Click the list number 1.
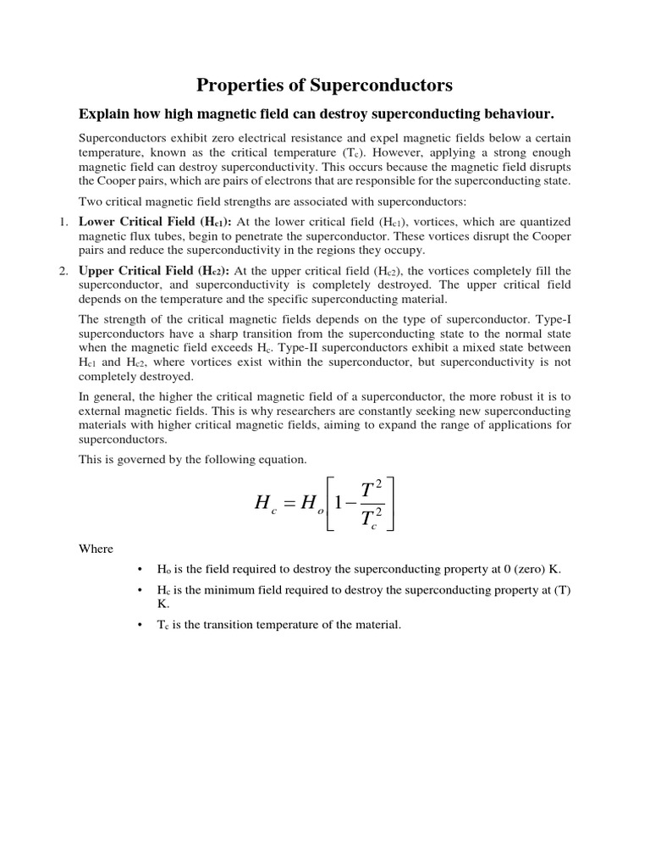point(62,221)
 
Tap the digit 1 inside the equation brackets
point(339,502)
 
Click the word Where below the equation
point(96,549)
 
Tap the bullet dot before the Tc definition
point(139,625)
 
